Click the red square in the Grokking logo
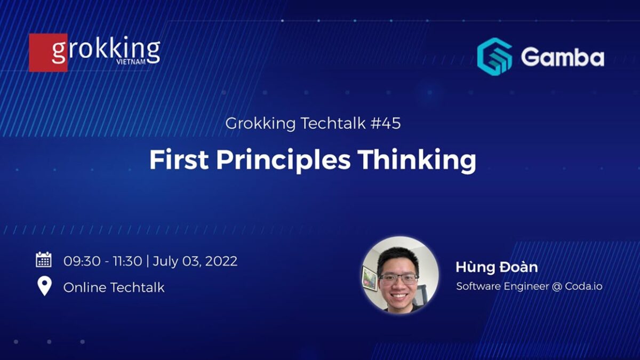click(48, 53)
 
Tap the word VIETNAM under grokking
click(130, 62)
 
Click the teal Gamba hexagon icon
click(494, 57)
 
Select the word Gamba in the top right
click(562, 57)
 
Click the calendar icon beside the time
click(44, 260)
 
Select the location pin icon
click(44, 286)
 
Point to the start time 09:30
click(79, 261)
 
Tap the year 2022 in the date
click(220, 261)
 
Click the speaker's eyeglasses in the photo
click(398, 278)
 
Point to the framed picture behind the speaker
click(370, 278)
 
